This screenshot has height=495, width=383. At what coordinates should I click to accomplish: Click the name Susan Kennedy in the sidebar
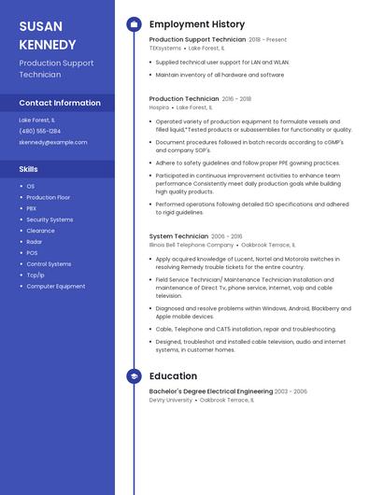coord(48,35)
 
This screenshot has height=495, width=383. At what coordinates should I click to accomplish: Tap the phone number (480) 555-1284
coord(40,131)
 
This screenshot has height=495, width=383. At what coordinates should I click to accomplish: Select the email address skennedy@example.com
coord(53,142)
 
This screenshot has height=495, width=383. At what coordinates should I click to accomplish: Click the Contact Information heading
coord(60,103)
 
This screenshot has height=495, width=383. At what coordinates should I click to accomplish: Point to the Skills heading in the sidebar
coord(29,169)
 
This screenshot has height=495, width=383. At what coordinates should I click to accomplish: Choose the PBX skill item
coord(32,208)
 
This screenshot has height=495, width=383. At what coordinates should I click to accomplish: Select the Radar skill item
coord(34,242)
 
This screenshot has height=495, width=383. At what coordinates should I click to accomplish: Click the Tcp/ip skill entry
coord(35,275)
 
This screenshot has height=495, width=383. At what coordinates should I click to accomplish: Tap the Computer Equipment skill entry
coord(56,286)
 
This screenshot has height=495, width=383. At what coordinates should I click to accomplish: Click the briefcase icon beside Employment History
coord(134,24)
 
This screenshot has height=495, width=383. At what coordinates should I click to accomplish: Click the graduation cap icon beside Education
coord(134,376)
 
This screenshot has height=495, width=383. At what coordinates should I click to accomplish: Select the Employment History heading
coord(197,24)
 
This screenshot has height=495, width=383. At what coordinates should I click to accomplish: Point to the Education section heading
coord(173,376)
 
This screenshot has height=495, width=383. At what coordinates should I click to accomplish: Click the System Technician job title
coord(178,236)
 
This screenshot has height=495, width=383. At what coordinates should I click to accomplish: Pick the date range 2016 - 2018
coord(236,98)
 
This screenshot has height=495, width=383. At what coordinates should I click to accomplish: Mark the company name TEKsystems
coord(165,48)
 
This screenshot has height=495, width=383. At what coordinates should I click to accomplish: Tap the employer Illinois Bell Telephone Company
coord(191,245)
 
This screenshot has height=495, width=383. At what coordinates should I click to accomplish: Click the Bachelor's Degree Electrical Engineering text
coord(210,391)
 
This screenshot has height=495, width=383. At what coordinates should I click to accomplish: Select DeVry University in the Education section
coord(171,400)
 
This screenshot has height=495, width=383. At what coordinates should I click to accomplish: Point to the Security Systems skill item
coord(50,219)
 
